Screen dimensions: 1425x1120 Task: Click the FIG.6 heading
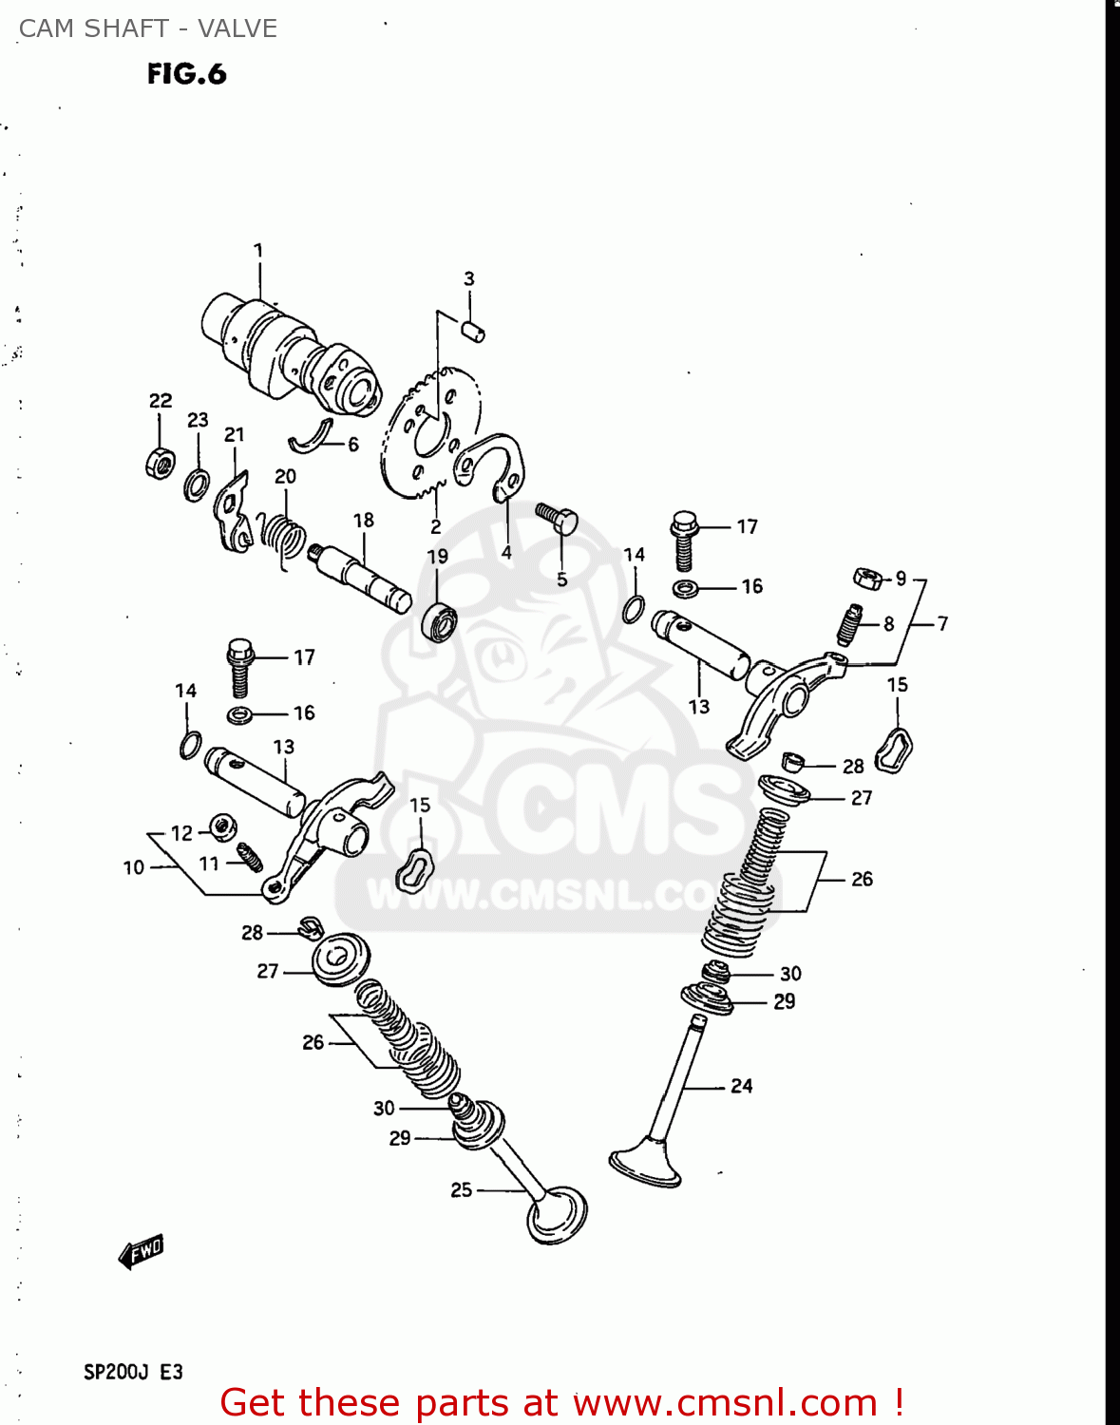[187, 74]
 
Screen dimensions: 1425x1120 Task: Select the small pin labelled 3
[473, 331]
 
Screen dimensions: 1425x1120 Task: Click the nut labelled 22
[161, 463]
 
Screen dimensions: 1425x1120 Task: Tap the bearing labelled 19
[439, 620]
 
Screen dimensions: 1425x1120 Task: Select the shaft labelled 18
[361, 575]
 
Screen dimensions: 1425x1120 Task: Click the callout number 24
[741, 1086]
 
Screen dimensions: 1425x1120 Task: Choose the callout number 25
[462, 1189]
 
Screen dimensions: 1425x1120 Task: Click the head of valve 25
[558, 1216]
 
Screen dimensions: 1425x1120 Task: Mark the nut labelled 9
[867, 577]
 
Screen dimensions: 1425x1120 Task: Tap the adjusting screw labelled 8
[850, 624]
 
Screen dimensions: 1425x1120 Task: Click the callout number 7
[942, 623]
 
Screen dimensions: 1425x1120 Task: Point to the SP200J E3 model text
[133, 1372]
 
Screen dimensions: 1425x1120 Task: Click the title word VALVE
[237, 28]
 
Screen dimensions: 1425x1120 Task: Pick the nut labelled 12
[222, 826]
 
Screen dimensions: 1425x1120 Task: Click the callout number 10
[134, 867]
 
